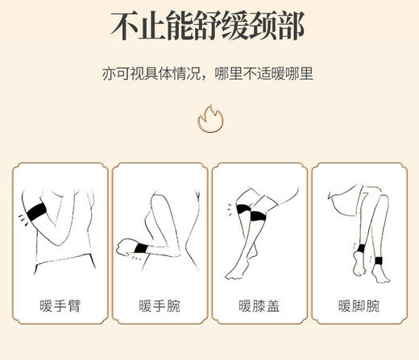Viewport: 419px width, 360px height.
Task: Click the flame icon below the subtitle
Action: (210, 120)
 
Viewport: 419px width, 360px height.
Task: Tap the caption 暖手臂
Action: (59, 307)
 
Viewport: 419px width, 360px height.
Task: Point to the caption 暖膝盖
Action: (259, 307)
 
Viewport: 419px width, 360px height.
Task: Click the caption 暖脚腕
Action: (360, 307)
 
